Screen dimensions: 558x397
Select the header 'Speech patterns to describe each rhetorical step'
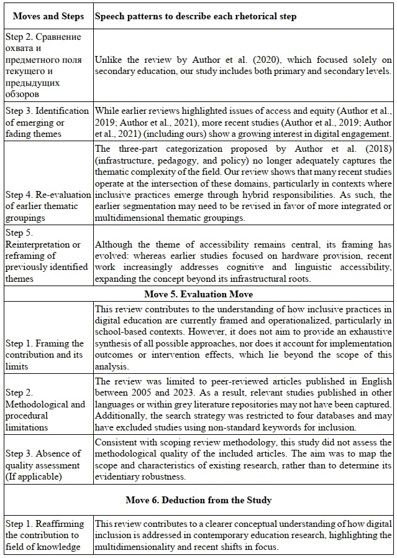195,16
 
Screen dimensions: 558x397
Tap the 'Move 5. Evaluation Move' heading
198,294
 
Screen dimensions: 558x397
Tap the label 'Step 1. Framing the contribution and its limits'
44,355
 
